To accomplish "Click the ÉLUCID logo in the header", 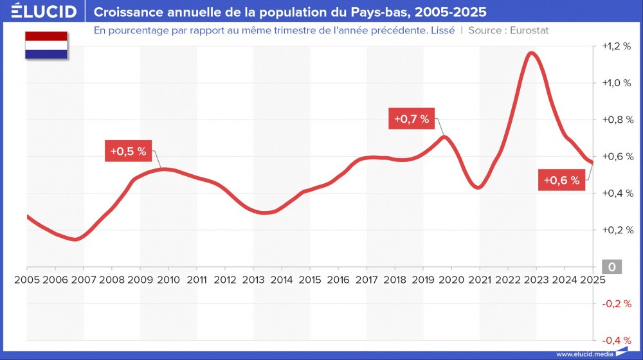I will tap(44, 12).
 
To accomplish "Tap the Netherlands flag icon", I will tap(46, 45).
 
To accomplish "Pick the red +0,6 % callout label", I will tap(561, 181).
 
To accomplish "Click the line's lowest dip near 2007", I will tap(75, 239).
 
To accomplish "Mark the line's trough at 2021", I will tap(477, 187).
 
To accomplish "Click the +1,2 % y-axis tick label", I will tap(615, 46).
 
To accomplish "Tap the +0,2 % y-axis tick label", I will tap(615, 230).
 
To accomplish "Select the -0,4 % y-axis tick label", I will tap(615, 340).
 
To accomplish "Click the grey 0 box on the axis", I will tap(611, 267).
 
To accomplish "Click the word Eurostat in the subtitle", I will tap(529, 30).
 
